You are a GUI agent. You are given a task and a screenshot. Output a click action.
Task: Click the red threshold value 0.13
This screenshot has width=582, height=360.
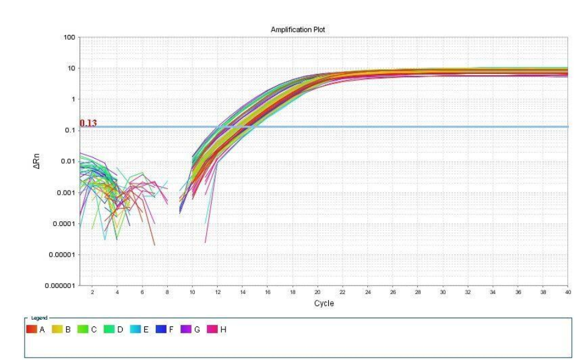[88, 123]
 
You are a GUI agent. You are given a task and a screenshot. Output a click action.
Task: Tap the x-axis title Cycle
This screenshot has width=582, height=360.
[323, 303]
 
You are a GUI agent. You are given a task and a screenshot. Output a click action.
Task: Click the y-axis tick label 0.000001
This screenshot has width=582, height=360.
[60, 285]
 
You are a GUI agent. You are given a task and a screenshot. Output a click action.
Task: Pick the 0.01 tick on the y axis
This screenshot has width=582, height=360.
[67, 162]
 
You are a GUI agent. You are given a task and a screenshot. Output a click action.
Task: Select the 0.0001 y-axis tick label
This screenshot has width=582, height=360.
[64, 224]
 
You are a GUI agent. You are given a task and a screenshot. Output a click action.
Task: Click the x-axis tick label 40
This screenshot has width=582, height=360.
[567, 292]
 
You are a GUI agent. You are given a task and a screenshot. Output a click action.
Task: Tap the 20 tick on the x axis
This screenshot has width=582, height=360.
[317, 292]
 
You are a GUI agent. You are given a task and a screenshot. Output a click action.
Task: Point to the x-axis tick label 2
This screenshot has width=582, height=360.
[92, 292]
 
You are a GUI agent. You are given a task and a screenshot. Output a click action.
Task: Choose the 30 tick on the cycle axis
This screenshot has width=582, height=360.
[443, 292]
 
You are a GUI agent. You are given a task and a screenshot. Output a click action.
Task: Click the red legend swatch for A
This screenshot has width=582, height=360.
[31, 329]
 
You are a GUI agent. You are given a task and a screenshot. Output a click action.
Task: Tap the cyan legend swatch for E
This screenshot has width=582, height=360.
[137, 329]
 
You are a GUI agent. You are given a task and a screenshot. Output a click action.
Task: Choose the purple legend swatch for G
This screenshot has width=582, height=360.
[186, 329]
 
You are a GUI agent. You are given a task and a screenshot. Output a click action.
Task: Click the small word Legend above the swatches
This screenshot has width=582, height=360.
[38, 318]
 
